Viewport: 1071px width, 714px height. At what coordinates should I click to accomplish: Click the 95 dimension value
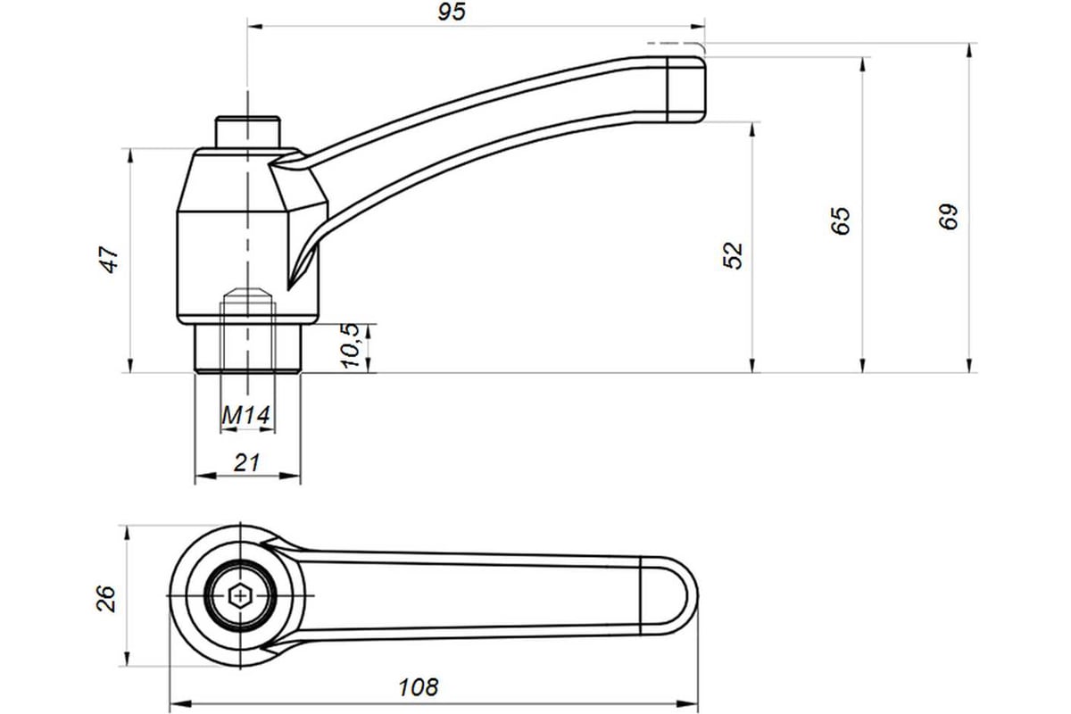point(452,12)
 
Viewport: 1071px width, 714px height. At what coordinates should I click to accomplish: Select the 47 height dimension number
point(110,260)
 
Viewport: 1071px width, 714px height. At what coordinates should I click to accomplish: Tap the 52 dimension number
point(733,256)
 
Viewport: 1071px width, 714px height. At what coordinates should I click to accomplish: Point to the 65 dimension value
point(841,220)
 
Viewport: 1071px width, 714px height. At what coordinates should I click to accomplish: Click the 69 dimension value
point(949,217)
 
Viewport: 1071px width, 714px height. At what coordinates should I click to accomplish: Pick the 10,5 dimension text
point(351,345)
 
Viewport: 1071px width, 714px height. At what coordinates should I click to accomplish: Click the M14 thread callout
point(245,415)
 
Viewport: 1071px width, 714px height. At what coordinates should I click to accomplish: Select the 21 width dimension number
point(246,462)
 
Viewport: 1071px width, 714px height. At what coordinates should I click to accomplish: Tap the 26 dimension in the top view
point(106,598)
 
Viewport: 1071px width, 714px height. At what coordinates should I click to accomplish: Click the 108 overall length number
point(419,688)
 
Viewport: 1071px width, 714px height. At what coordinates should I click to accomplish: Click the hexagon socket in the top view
point(240,596)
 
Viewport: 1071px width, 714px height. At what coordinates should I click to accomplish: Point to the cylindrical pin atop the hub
point(247,132)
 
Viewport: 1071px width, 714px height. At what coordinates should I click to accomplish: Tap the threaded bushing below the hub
point(248,348)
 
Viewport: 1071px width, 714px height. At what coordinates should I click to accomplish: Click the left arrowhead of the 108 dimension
point(180,704)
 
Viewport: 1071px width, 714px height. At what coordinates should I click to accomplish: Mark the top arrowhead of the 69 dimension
point(969,54)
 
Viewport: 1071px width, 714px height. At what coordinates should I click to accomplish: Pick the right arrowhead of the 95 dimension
point(694,26)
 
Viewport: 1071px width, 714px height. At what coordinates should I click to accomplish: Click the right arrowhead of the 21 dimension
point(290,476)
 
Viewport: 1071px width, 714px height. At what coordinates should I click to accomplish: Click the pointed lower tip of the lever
point(288,288)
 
